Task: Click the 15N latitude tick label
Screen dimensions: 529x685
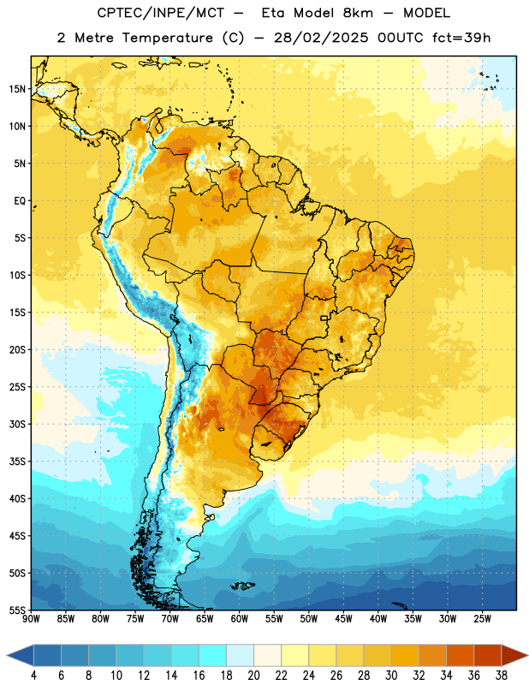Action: click(x=17, y=89)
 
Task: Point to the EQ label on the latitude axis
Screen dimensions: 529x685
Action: click(x=20, y=201)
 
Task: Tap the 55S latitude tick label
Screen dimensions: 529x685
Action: click(x=17, y=610)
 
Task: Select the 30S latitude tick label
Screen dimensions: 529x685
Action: click(x=17, y=424)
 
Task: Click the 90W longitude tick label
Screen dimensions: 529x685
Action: click(x=31, y=619)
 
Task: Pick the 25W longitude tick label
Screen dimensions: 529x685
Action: click(x=482, y=619)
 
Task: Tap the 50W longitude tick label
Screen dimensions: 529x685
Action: click(x=309, y=619)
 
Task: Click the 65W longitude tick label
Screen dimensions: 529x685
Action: click(x=205, y=619)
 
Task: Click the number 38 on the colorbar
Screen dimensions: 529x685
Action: click(x=502, y=676)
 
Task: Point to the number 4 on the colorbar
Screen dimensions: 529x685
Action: click(x=33, y=676)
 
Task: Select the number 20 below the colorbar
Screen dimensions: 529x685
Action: click(x=253, y=676)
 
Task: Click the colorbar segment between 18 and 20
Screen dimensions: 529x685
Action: click(x=240, y=656)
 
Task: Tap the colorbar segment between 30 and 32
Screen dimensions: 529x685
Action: click(x=405, y=656)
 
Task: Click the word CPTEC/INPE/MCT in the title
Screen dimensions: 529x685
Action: click(x=161, y=13)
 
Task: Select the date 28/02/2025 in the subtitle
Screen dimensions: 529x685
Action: click(x=321, y=38)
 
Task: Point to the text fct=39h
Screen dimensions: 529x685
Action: click(x=461, y=38)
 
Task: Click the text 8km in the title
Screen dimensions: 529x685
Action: click(x=358, y=13)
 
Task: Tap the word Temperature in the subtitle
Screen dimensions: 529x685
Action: click(x=167, y=38)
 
